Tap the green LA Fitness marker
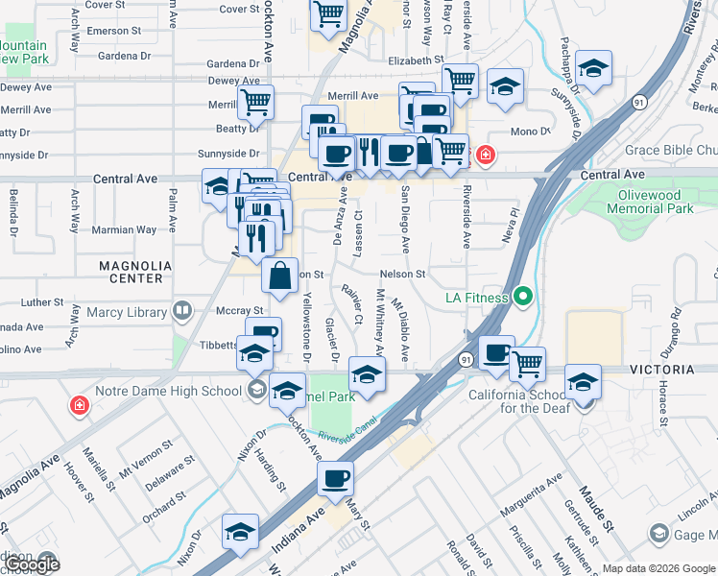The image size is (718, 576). [523, 297]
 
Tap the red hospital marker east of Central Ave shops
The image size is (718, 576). [486, 154]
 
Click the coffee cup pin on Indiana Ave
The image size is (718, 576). [336, 479]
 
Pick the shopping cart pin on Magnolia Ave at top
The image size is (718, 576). [328, 15]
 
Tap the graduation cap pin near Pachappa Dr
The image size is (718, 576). [594, 67]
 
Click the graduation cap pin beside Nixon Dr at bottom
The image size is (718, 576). [240, 532]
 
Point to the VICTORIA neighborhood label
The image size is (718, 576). [661, 370]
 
